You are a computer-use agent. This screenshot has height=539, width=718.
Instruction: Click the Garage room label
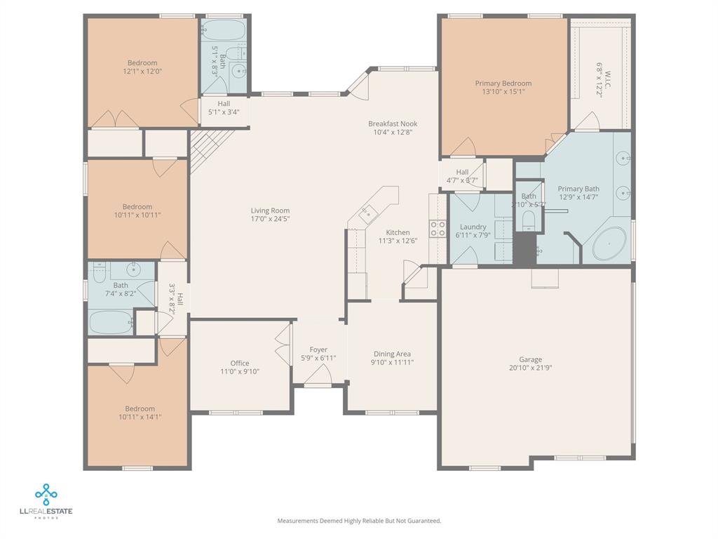[530, 359]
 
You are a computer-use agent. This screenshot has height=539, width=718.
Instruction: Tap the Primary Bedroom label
[503, 84]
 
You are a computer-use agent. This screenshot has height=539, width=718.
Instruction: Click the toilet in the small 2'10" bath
[528, 220]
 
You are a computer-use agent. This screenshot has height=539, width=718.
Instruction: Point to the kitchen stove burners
[438, 228]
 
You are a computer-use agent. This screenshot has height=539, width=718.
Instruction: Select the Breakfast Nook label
[393, 124]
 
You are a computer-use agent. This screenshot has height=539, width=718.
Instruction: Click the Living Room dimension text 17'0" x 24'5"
[270, 219]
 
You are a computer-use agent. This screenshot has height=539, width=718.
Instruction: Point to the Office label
[240, 363]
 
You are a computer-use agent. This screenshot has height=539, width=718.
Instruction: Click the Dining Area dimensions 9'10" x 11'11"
[392, 363]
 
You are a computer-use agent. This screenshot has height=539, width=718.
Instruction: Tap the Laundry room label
[473, 227]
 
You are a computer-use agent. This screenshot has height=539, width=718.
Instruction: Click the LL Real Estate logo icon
[46, 495]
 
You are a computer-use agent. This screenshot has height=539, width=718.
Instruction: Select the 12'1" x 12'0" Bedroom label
[142, 62]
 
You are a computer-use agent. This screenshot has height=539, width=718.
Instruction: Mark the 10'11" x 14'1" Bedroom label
[140, 408]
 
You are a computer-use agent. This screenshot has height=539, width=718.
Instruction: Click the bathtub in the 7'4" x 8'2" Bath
[111, 323]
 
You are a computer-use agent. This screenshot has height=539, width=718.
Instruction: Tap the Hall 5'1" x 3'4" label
[223, 103]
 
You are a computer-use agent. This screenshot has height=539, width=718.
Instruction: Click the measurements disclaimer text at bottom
[359, 521]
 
